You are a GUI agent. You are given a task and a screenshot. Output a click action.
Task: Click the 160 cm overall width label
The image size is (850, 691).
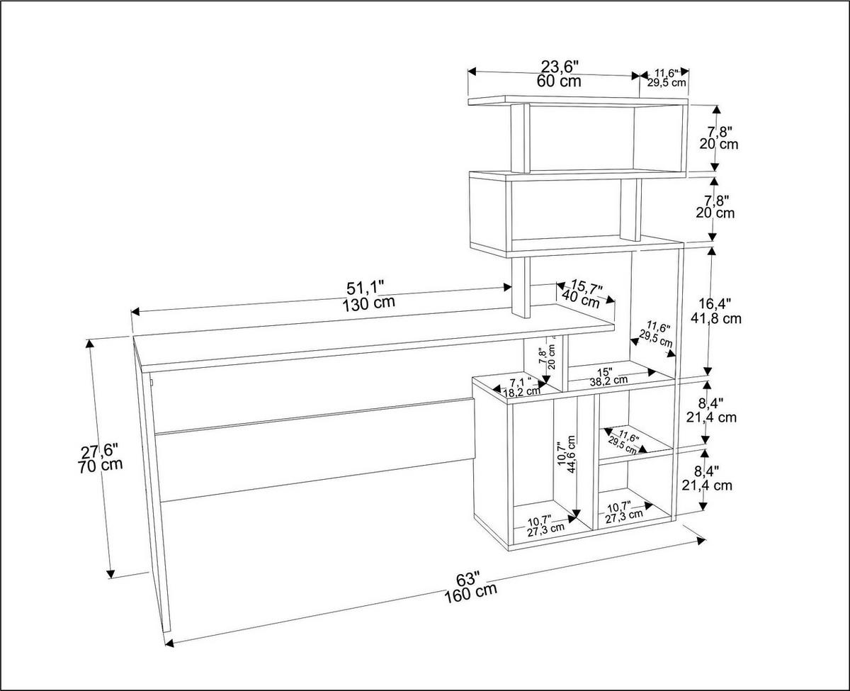[x=470, y=591]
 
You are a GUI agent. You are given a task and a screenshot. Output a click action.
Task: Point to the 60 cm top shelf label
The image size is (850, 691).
[x=559, y=81]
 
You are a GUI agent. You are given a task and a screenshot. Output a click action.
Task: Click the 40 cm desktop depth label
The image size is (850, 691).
[x=581, y=298]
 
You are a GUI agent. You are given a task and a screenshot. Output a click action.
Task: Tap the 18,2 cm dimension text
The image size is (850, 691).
[x=522, y=391]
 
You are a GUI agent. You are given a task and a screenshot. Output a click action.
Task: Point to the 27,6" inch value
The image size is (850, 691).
[x=99, y=451]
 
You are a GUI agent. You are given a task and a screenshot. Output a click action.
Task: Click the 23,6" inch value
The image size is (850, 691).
[x=560, y=67]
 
